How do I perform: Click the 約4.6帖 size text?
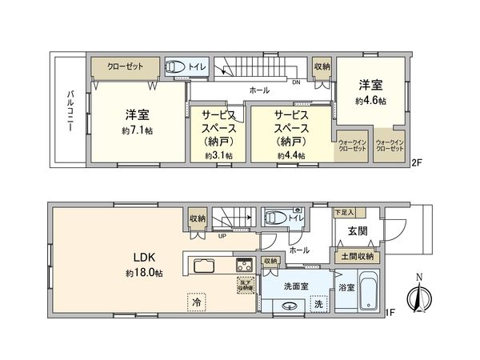(371, 102)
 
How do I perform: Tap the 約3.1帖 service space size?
(218, 156)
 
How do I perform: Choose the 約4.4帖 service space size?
(291, 156)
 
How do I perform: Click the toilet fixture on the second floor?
(175, 68)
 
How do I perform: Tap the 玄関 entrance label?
(357, 232)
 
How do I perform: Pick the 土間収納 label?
(357, 256)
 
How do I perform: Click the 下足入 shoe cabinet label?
(345, 212)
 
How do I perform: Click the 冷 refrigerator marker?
(196, 302)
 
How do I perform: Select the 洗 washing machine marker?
(318, 304)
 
